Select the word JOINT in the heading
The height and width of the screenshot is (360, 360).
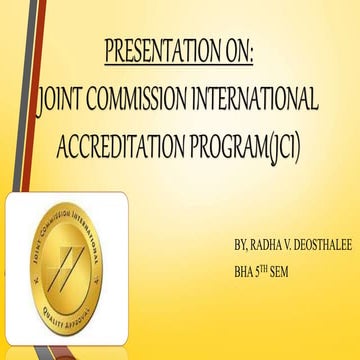[62, 98]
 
